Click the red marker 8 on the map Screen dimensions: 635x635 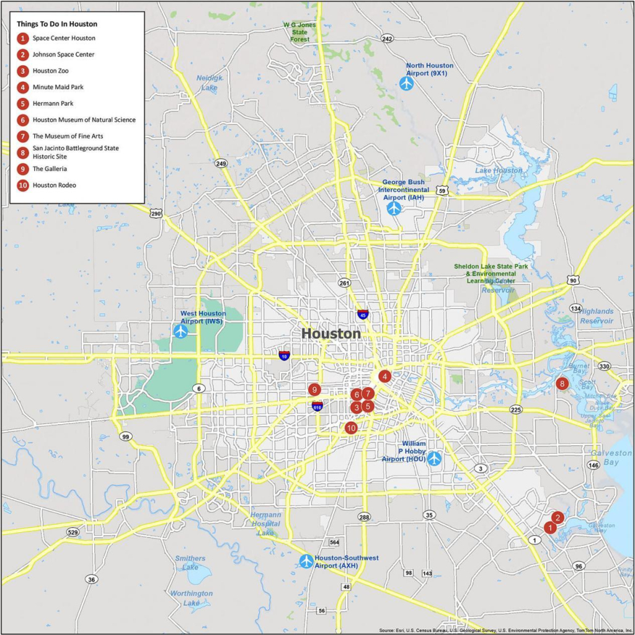(562, 384)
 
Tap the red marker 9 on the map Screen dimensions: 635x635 (314, 389)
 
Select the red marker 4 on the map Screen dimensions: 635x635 (384, 376)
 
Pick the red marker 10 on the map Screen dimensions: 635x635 (351, 427)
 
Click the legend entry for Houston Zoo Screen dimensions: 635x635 (51, 71)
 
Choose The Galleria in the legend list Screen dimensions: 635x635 (50, 169)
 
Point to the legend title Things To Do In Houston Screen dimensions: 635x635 (57, 24)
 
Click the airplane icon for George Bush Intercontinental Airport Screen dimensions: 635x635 (394, 208)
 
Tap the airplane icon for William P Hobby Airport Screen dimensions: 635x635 (434, 458)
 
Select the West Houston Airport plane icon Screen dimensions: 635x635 (180, 331)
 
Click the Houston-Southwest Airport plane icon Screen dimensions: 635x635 (306, 561)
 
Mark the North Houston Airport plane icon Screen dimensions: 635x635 (407, 83)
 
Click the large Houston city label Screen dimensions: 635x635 (331, 334)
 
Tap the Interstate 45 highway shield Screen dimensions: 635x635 (363, 314)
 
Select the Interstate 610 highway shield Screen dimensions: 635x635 (317, 406)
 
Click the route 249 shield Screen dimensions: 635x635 (221, 164)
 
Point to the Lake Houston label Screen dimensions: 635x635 (499, 171)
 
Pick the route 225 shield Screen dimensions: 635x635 (515, 410)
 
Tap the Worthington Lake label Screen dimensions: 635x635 (192, 598)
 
